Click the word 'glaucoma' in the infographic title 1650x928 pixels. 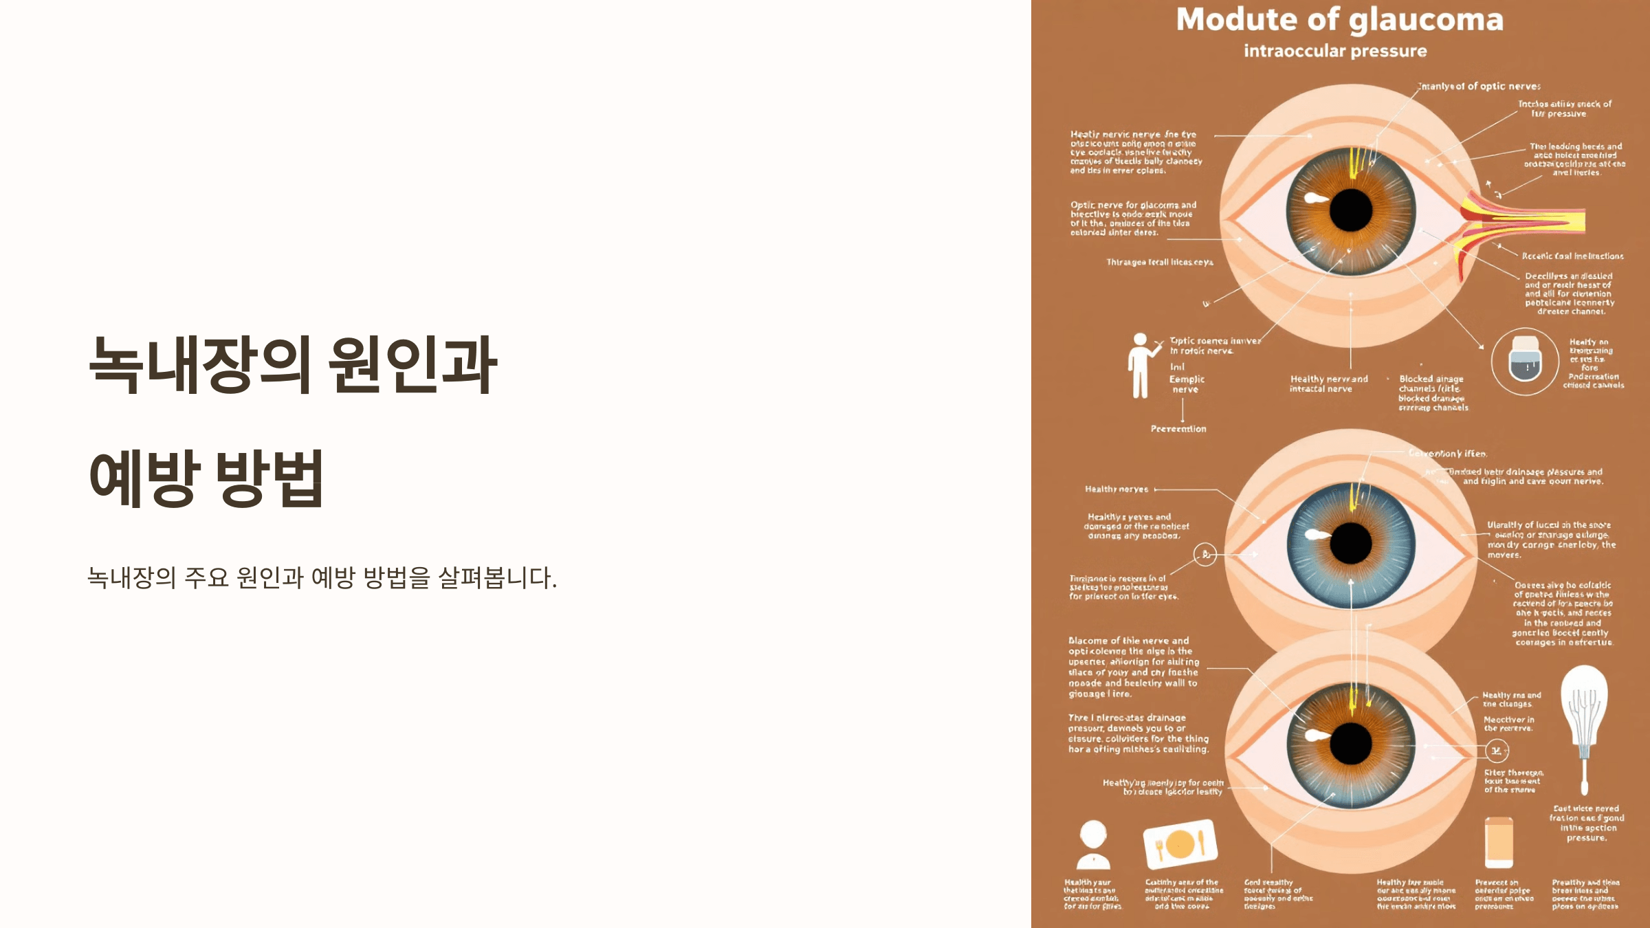coord(1426,21)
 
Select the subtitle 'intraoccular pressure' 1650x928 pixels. coord(1335,52)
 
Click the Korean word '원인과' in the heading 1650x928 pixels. coord(412,364)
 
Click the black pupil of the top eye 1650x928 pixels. coord(1351,210)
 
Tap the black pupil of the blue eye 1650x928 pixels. coord(1351,543)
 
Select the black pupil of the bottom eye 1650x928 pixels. coord(1351,744)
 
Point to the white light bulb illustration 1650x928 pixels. coord(1584,722)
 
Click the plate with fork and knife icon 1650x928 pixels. coord(1180,844)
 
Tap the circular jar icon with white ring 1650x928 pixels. coord(1525,361)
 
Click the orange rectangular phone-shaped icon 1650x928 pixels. coord(1499,843)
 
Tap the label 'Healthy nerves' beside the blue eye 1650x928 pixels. coord(1116,489)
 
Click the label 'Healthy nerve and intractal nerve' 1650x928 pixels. coord(1328,384)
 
